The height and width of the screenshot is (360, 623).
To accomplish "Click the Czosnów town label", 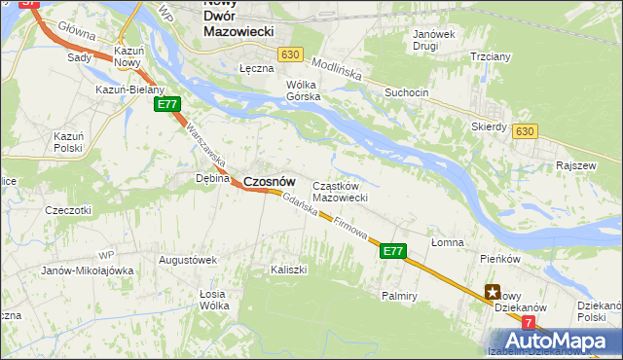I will click(x=269, y=181).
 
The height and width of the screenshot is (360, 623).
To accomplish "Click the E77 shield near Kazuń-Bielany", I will click(x=167, y=104).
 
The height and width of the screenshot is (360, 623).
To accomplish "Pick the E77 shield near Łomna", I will click(x=392, y=251).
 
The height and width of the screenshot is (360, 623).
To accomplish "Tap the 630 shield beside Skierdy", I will click(x=526, y=130).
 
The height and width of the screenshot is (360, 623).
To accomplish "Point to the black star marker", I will click(x=494, y=290).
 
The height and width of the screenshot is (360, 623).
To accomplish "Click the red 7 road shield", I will click(x=528, y=321).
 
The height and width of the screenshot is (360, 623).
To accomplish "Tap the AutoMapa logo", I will click(x=562, y=341).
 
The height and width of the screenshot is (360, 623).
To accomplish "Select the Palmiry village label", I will click(x=400, y=294).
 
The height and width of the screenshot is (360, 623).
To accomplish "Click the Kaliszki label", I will click(x=289, y=269).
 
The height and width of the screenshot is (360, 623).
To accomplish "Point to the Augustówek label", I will click(x=187, y=260).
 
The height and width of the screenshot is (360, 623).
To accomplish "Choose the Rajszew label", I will click(x=574, y=165).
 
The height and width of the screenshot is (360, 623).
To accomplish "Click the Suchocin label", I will click(x=406, y=93).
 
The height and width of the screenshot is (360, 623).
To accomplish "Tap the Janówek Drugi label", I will click(x=433, y=40).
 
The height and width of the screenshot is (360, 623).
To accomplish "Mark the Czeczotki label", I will click(x=68, y=209).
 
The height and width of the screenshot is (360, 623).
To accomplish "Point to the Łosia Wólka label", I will click(x=213, y=300).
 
